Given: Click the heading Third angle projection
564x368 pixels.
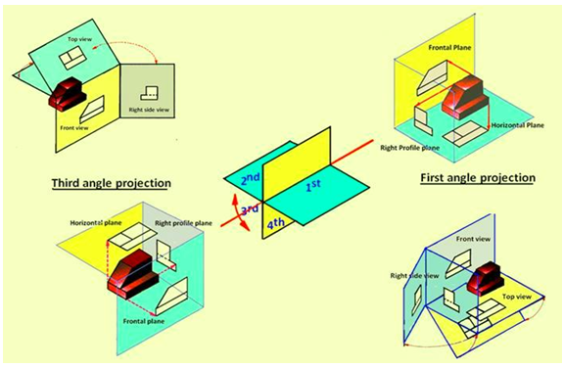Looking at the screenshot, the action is coord(112,183).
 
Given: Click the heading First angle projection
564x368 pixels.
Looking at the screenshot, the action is coord(478,177).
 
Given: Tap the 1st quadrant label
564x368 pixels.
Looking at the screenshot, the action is coord(313,185).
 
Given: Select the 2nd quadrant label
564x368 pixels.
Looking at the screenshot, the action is coord(251,178).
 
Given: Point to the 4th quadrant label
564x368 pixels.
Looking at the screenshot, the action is coord(276,224).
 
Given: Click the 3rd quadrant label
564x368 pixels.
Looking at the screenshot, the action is coord(250,209).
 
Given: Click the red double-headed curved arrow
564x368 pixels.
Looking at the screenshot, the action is coord(239,212).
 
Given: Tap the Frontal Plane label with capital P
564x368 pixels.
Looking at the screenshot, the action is coord(449,47).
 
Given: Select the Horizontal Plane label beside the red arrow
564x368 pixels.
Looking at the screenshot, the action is coord(518,125).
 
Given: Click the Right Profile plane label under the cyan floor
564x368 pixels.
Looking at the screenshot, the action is coord(410,148).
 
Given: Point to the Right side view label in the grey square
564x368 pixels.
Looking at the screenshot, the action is coord(149,110).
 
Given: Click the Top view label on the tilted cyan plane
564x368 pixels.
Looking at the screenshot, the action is coord(80,39).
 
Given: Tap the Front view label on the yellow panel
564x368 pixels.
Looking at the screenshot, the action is coord(74,127).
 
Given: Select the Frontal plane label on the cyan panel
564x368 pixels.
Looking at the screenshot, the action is coord(144,321).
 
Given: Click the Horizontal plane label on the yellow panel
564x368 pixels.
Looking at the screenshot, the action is coord(96,223).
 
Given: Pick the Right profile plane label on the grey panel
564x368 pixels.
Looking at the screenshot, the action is coord(183,223).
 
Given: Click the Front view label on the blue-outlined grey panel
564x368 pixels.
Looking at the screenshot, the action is coord(473,239).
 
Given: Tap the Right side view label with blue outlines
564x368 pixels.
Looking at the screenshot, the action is coord(415,276).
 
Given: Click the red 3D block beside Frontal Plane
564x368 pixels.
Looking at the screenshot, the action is coord(465,98).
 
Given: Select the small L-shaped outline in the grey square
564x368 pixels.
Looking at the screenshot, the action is coord(149,93).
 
